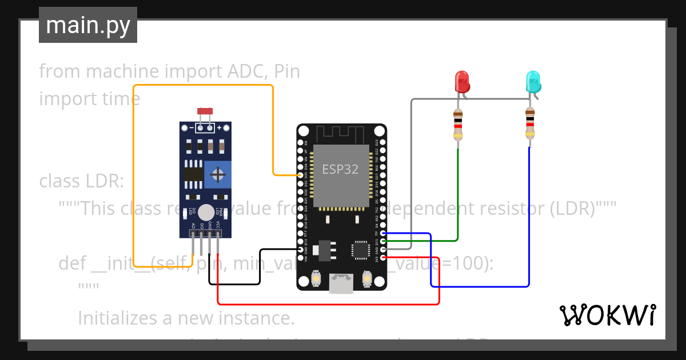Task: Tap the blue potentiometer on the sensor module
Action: point(217,174)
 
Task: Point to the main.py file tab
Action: point(88,25)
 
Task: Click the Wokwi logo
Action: point(607,315)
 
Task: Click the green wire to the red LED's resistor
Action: point(458,194)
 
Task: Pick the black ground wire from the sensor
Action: point(234,283)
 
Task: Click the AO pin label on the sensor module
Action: point(193,226)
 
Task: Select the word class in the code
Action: point(60,181)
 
